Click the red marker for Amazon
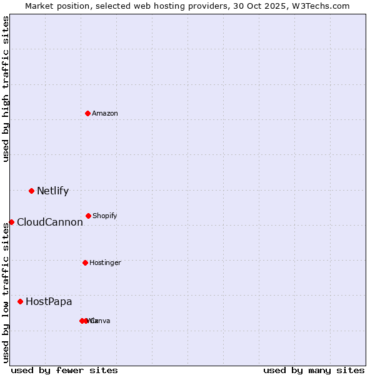(87, 113)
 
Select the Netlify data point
(31, 191)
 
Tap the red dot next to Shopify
(88, 216)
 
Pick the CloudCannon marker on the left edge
(11, 222)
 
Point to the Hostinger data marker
(85, 262)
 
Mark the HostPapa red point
(20, 301)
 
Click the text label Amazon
(104, 113)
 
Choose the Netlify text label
(52, 191)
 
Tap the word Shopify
(104, 216)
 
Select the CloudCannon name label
(49, 222)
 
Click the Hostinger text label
(105, 262)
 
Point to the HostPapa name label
(49, 301)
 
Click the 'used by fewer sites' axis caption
(64, 370)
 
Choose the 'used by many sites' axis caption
(314, 370)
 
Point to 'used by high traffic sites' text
(6, 89)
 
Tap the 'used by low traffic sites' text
(6, 292)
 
